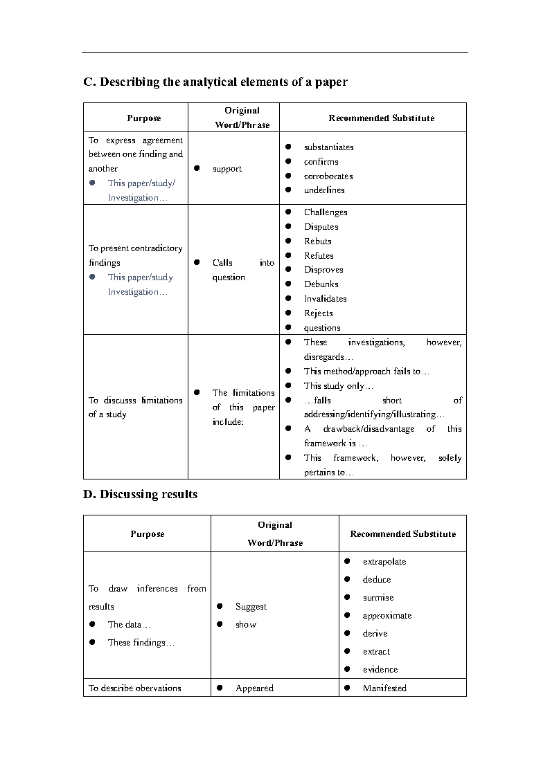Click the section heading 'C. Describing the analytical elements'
(215, 82)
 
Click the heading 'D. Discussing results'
(140, 494)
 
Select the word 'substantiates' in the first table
(328, 147)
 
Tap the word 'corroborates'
(328, 176)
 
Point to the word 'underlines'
(324, 190)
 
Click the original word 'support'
(227, 169)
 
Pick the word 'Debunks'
(321, 284)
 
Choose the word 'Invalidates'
(325, 299)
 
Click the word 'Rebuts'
(317, 241)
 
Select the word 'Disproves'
(323, 270)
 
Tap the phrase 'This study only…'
(338, 386)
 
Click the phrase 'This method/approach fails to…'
(366, 372)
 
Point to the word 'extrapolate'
(384, 562)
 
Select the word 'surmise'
(378, 598)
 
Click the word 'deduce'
(377, 580)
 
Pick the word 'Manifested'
(384, 688)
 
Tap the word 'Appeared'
(254, 688)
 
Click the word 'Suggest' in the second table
(251, 607)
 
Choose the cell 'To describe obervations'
(134, 688)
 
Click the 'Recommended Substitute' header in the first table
(381, 118)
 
